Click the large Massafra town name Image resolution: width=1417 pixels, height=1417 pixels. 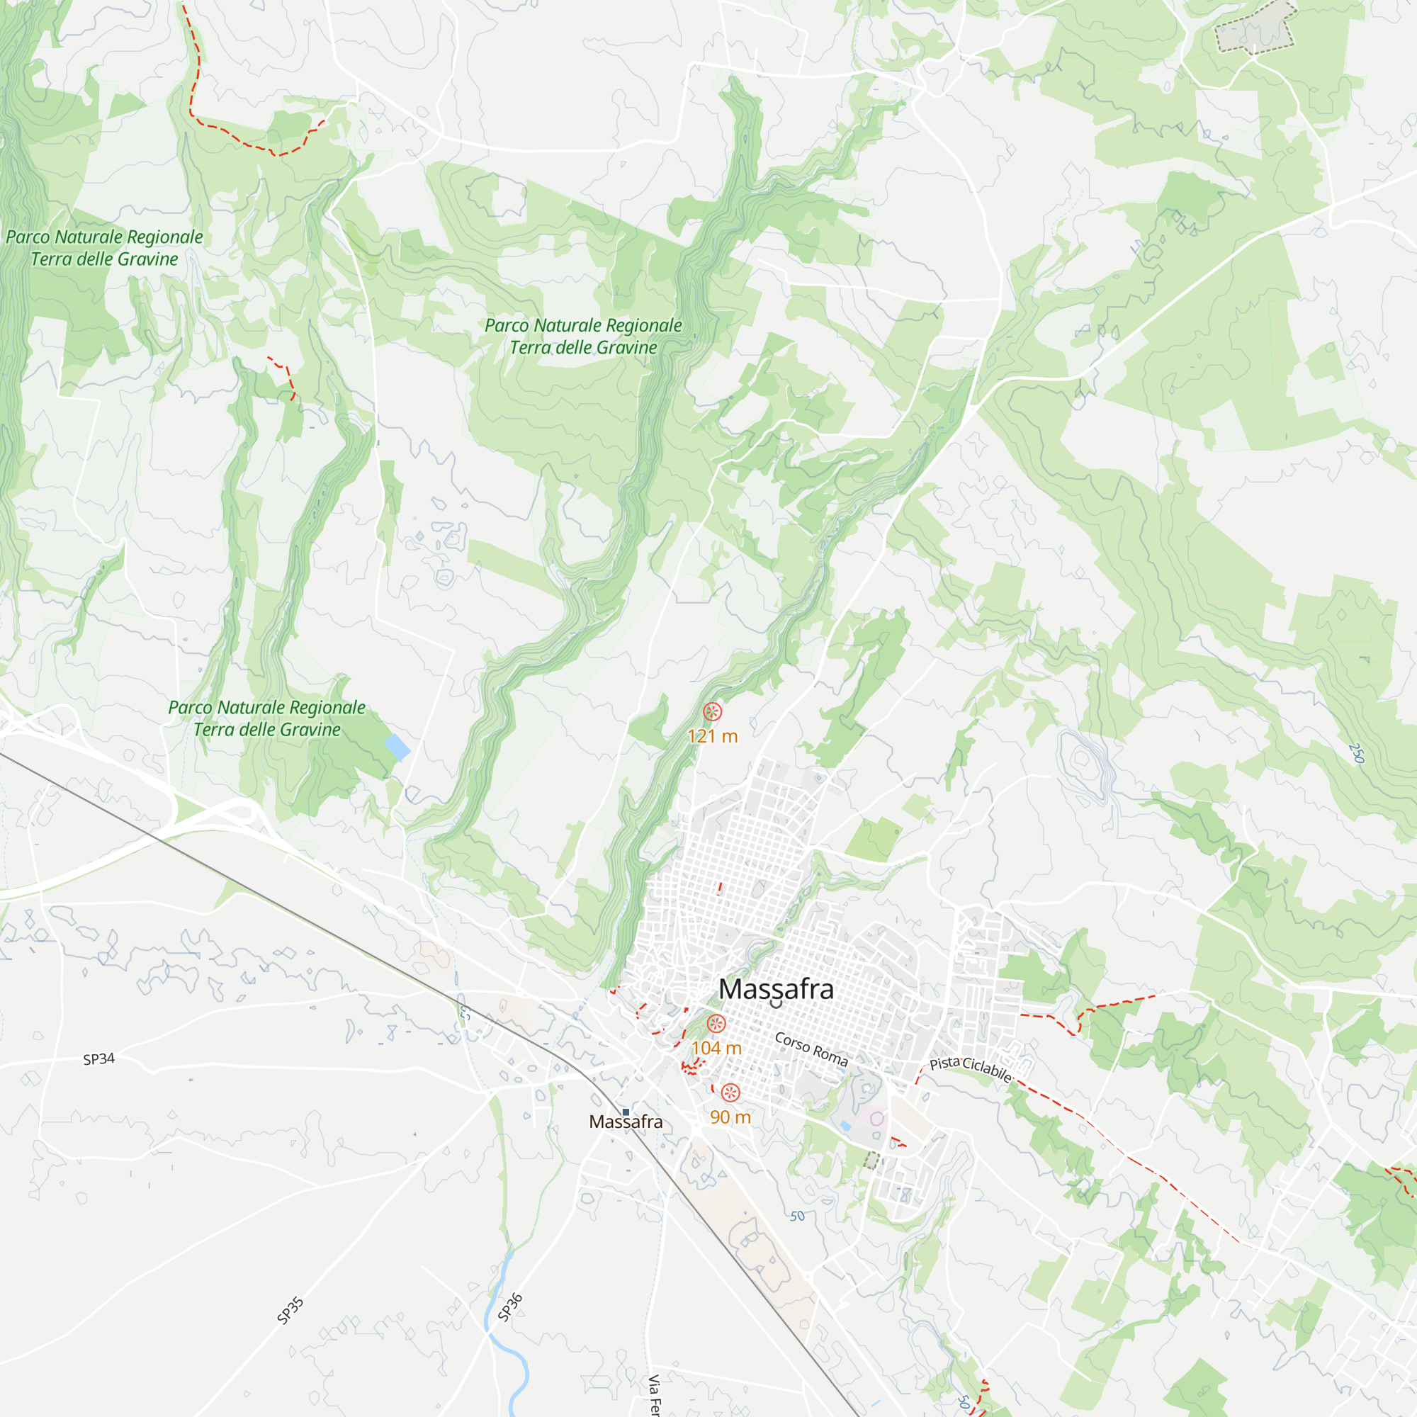[776, 988]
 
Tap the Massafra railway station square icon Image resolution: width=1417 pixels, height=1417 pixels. [626, 1112]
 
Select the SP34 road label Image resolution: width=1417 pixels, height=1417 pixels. [99, 1059]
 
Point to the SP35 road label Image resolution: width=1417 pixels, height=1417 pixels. [290, 1311]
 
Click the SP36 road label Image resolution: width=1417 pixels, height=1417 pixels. [509, 1308]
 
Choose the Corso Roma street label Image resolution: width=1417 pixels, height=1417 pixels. [811, 1049]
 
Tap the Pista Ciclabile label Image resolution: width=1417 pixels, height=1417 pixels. [971, 1068]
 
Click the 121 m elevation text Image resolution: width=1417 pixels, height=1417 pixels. [712, 736]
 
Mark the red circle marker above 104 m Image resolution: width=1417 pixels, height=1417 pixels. [716, 1023]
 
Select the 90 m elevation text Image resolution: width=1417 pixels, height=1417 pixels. [730, 1117]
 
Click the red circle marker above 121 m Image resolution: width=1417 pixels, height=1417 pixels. [712, 711]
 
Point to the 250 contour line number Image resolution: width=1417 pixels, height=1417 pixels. [1356, 753]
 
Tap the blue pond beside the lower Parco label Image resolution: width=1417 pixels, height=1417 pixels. [397, 747]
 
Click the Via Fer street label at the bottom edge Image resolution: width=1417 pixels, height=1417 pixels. [653, 1394]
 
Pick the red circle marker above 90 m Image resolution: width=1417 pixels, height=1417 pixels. [730, 1093]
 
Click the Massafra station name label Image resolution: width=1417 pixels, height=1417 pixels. [626, 1122]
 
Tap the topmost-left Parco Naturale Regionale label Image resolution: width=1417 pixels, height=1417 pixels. [104, 248]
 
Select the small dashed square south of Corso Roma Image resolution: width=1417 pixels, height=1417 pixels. [871, 1161]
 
